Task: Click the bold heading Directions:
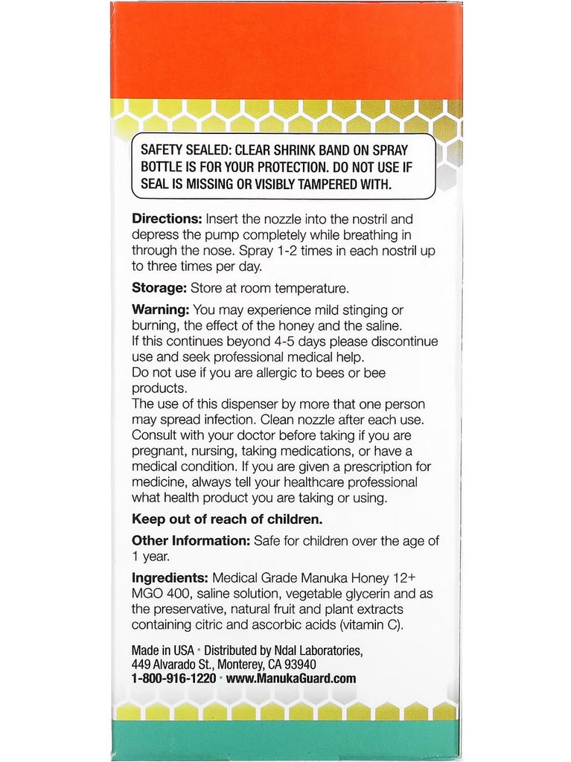tap(167, 220)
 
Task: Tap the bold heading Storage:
tap(159, 288)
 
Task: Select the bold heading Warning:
tap(161, 310)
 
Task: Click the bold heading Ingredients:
tap(169, 577)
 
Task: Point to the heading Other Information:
tap(191, 541)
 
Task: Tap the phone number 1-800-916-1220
tap(173, 678)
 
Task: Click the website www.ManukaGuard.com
tap(290, 678)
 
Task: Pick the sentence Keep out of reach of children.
tap(228, 519)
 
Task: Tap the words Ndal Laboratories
tap(316, 650)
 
